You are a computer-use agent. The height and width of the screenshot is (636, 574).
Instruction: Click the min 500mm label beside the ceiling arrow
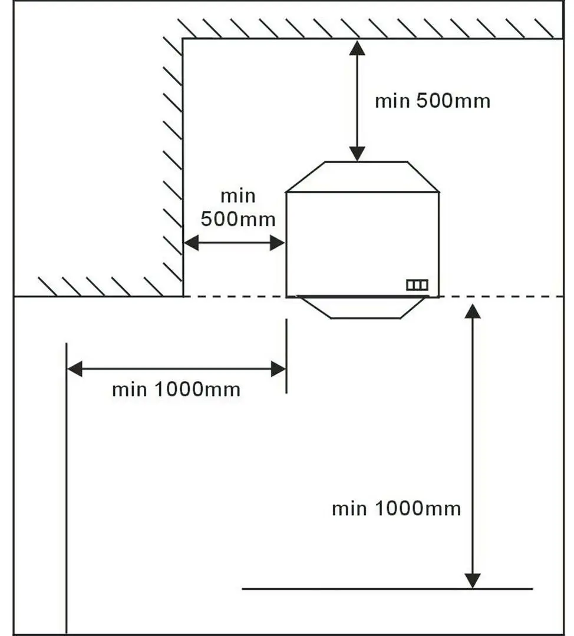[432, 101]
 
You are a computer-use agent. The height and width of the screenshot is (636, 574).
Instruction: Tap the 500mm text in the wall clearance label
[237, 220]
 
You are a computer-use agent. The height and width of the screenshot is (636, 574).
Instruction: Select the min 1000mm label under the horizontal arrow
[176, 390]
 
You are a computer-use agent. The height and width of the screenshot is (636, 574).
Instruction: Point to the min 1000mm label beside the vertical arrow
[396, 508]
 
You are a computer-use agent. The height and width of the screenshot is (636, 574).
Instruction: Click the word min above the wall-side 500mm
[237, 196]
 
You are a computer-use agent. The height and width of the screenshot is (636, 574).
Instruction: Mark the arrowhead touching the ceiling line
[357, 47]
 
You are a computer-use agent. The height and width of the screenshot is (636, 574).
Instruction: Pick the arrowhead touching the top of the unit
[357, 154]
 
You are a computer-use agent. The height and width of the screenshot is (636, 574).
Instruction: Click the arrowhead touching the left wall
[191, 243]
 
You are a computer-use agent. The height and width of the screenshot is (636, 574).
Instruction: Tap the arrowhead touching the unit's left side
[278, 243]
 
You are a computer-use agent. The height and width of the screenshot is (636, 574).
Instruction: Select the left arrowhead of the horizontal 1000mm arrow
[74, 369]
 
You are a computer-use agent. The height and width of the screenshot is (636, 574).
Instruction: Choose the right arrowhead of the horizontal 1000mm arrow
[279, 369]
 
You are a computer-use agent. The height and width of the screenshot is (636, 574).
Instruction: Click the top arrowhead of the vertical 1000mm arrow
[473, 311]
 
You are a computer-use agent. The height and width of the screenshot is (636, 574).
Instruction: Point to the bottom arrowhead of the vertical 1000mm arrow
[473, 581]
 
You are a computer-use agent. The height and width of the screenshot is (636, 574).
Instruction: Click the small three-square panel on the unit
[417, 285]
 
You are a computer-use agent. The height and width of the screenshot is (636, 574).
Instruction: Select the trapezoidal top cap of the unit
[362, 177]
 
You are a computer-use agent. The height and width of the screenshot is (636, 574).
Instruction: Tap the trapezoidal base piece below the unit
[362, 307]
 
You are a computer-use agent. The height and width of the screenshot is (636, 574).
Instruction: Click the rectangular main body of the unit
[362, 241]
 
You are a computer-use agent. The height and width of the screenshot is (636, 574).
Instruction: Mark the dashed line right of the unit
[501, 297]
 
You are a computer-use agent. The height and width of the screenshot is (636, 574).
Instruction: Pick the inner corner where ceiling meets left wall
[183, 39]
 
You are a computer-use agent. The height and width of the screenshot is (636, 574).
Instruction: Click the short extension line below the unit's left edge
[286, 356]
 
